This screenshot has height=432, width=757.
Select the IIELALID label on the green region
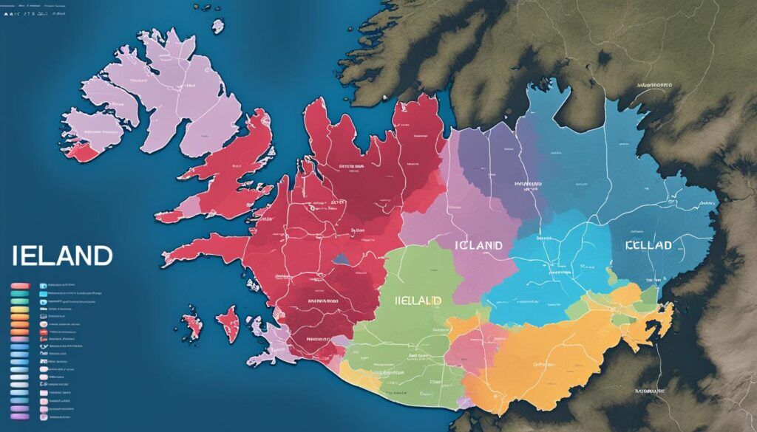412,301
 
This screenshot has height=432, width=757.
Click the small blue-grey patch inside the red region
342,260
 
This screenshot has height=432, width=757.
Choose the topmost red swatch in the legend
21,285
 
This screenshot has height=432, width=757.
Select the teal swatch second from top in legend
21,294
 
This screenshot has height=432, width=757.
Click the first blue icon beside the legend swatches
43,285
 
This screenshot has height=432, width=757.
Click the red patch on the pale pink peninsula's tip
81,152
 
